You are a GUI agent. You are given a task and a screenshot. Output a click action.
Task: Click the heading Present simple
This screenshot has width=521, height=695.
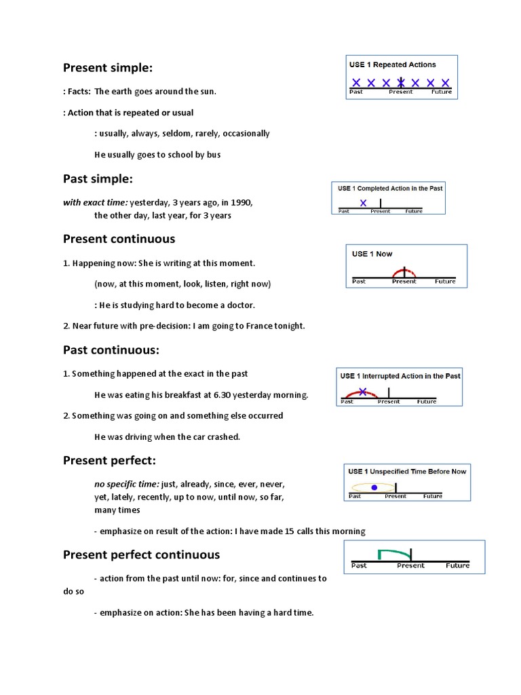pos(108,68)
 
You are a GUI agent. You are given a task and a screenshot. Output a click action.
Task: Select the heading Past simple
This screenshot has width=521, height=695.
pos(98,179)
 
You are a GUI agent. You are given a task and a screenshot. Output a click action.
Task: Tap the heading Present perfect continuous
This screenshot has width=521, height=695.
pos(141,555)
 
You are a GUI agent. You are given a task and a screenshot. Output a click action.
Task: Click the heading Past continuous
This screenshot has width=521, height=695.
pos(111,350)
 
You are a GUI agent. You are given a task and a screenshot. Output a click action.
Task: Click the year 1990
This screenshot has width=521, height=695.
pos(242,202)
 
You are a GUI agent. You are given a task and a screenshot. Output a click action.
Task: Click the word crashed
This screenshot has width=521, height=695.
pos(225,437)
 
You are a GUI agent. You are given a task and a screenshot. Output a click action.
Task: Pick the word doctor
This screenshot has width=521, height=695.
pos(241,305)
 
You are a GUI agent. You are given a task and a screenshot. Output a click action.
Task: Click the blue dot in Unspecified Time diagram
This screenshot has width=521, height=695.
pos(374,487)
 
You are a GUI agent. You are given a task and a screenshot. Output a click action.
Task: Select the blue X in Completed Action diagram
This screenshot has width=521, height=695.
pos(364,202)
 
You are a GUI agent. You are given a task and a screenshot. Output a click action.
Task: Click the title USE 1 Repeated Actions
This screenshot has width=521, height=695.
pos(392,65)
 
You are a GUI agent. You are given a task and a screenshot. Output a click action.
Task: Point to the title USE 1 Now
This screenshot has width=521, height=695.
pos(372,254)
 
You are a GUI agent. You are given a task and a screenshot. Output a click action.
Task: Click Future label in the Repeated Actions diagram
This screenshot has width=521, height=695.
pos(442,92)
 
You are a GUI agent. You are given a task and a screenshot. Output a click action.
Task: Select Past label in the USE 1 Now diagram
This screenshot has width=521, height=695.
pos(359,281)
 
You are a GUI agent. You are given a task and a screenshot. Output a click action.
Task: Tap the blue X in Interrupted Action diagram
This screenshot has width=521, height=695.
pos(363,392)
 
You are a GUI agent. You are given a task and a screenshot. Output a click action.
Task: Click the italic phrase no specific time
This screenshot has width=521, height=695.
pos(126,485)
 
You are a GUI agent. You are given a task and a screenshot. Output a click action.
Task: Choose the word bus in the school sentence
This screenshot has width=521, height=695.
pos(214,155)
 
